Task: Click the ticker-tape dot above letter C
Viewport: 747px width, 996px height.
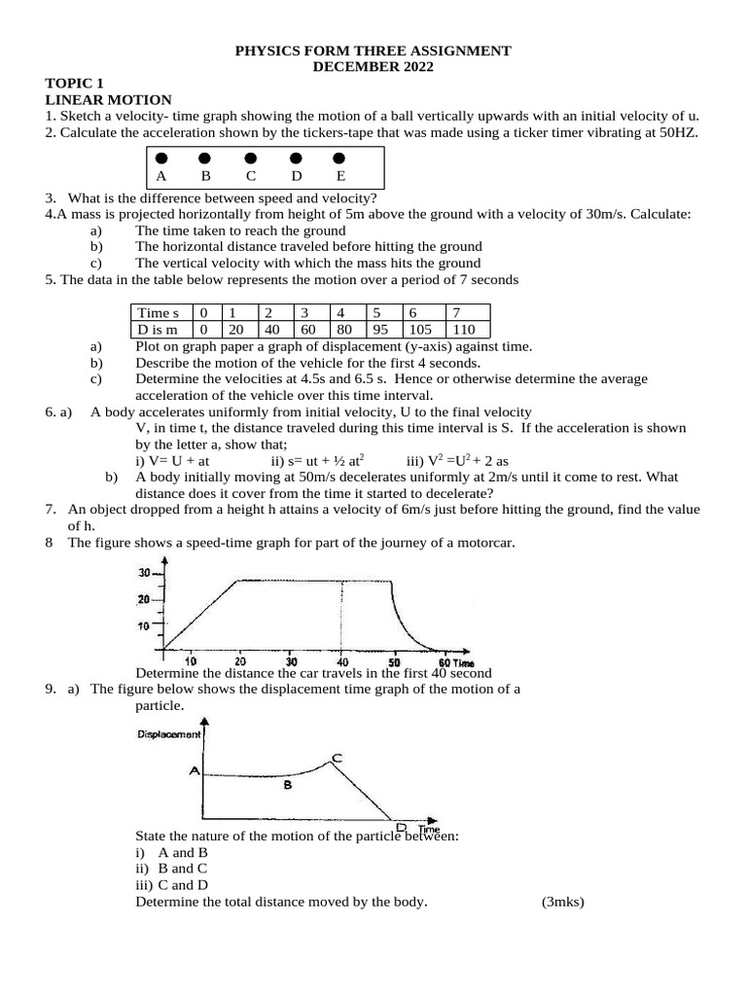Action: (251, 158)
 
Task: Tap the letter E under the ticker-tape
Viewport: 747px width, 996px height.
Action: (340, 177)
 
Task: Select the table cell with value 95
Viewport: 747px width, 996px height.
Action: (380, 329)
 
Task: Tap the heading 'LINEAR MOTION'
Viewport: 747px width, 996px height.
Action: (108, 99)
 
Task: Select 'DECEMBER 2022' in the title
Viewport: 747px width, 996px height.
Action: (373, 66)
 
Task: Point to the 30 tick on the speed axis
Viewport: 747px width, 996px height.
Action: (144, 572)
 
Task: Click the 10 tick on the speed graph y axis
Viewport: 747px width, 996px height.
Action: (144, 625)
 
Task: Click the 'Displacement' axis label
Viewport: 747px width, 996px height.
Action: (169, 734)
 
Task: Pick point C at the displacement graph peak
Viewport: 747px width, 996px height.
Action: (337, 757)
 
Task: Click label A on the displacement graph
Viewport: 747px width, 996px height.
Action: (195, 771)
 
